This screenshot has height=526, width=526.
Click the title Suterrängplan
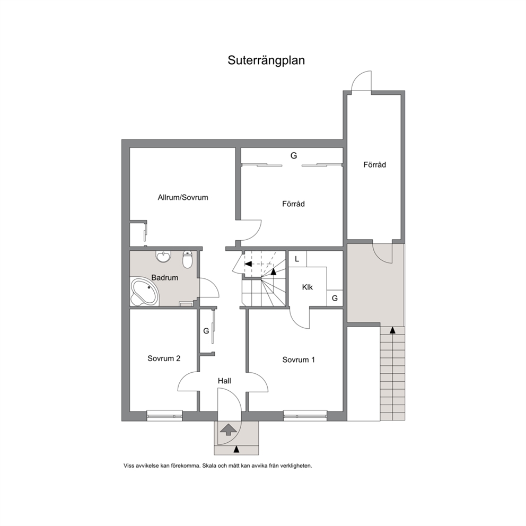tap(266, 60)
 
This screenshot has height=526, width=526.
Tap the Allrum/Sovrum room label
tap(183, 197)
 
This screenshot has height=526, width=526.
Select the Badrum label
tap(164, 277)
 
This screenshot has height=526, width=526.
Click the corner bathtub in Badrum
tap(144, 291)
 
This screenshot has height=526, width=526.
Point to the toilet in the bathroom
tap(188, 259)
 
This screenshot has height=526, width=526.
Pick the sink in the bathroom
tap(163, 256)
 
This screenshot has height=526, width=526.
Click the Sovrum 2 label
tap(164, 358)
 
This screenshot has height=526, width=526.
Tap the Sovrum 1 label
tap(299, 360)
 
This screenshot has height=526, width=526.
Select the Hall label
tap(224, 381)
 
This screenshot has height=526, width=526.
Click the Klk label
tap(308, 287)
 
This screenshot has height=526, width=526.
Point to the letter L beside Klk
tap(297, 259)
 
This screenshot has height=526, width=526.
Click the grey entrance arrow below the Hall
tap(228, 429)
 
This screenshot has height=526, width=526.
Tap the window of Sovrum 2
tap(164, 416)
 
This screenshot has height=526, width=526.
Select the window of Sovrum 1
tap(305, 416)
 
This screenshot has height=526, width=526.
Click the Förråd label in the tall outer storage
tap(374, 164)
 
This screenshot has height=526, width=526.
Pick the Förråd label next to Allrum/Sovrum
tap(293, 204)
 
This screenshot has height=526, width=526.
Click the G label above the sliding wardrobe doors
tap(294, 155)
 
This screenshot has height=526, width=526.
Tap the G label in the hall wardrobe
tap(206, 331)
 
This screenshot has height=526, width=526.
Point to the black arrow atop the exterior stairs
tap(392, 330)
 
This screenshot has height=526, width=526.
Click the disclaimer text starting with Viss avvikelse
tap(218, 466)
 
